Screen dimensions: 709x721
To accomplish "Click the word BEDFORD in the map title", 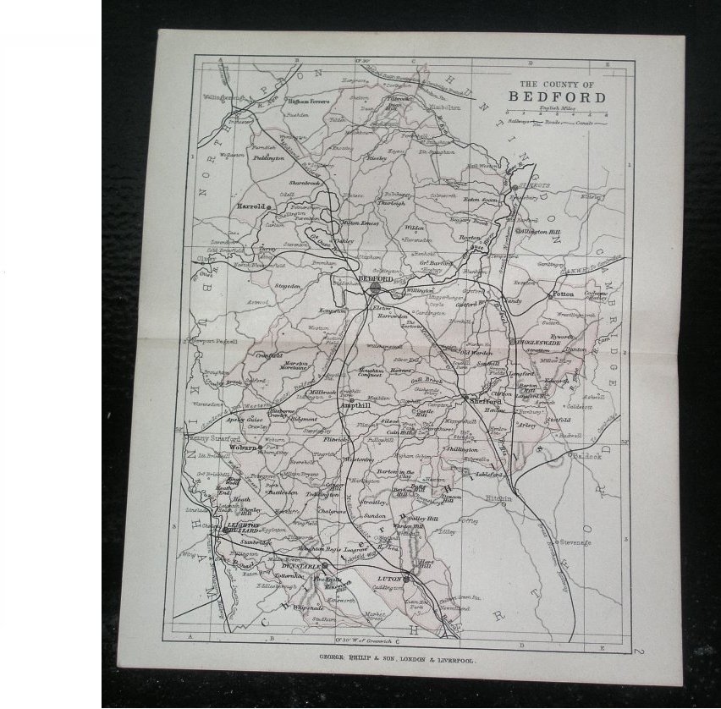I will point(558,96).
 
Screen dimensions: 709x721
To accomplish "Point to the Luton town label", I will point(387,580).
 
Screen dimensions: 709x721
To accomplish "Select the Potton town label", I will point(563,294).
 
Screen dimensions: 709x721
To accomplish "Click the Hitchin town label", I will point(498,499).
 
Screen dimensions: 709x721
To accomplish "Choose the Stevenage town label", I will point(574,541).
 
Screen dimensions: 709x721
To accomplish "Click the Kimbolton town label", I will point(443,108).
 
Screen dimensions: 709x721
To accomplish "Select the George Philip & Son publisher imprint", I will point(397,658).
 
